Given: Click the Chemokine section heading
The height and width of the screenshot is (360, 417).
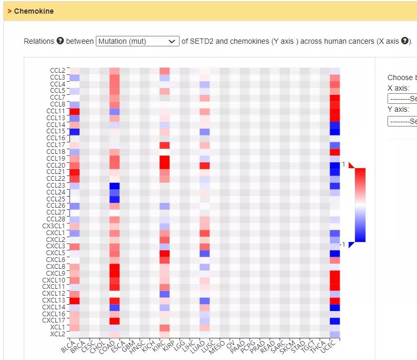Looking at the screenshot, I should pyautogui.click(x=34, y=11).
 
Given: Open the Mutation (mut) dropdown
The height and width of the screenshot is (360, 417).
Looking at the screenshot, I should pyautogui.click(x=137, y=41).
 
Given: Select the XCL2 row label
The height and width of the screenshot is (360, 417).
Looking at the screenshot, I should pyautogui.click(x=57, y=334).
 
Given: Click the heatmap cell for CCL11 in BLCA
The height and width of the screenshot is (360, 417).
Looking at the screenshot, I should pyautogui.click(x=75, y=111).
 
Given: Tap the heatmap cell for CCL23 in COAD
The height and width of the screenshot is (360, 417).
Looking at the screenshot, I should pyautogui.click(x=115, y=186).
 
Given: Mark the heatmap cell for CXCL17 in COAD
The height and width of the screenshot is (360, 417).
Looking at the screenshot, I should pyautogui.click(x=115, y=320).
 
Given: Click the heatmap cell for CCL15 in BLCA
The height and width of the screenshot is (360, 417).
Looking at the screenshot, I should pyautogui.click(x=75, y=131).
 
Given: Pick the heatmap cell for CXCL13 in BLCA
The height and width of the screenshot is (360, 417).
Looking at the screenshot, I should pyautogui.click(x=75, y=300).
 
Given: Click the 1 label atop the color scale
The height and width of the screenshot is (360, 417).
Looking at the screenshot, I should pyautogui.click(x=343, y=164).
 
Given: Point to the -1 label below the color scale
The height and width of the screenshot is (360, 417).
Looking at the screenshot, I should pyautogui.click(x=342, y=245).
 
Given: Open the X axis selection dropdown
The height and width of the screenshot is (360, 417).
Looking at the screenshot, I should pyautogui.click(x=402, y=99).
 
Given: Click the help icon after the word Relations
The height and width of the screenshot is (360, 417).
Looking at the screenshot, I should pyautogui.click(x=60, y=41).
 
